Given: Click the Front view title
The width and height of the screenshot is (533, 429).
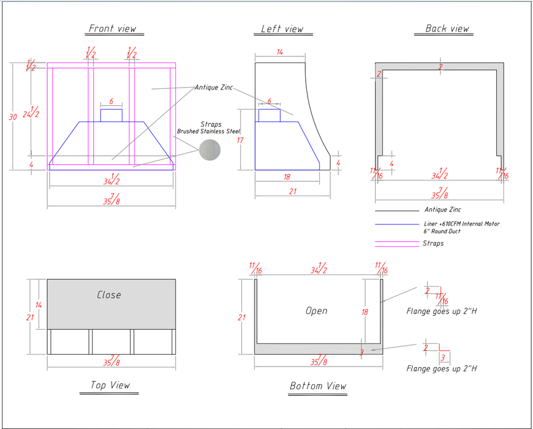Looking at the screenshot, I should coord(112,29).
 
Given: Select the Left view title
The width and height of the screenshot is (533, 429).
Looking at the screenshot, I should coord(282,29).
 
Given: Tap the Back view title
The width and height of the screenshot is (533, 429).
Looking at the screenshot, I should coord(447,29).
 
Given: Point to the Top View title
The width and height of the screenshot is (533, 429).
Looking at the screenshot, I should coord(110,385).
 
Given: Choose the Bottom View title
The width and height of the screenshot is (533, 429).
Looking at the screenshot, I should coord(317,386).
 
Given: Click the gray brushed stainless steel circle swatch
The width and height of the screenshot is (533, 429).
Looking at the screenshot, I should coord(210,150).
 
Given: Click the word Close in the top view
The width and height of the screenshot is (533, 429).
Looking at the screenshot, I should coord(109,295).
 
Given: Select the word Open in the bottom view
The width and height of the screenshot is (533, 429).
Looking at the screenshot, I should coord(316,311).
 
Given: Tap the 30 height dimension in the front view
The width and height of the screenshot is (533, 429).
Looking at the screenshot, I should coord(13,116).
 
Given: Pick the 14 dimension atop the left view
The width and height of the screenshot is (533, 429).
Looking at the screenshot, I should coord(279,53).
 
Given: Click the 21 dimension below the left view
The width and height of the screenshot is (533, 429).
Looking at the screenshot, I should coord(292,192).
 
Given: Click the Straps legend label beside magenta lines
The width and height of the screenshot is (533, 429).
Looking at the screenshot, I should coord(433,244).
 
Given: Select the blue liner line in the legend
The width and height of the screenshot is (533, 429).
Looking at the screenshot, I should coord(396,224).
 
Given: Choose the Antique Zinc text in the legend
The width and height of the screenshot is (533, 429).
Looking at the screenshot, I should coord(442,210).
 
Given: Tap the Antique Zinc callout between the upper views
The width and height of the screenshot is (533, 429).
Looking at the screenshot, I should coord(213,88).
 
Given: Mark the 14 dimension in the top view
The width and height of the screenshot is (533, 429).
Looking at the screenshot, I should coord(38,305).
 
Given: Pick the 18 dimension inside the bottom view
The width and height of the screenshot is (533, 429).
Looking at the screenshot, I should coord(365,312).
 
